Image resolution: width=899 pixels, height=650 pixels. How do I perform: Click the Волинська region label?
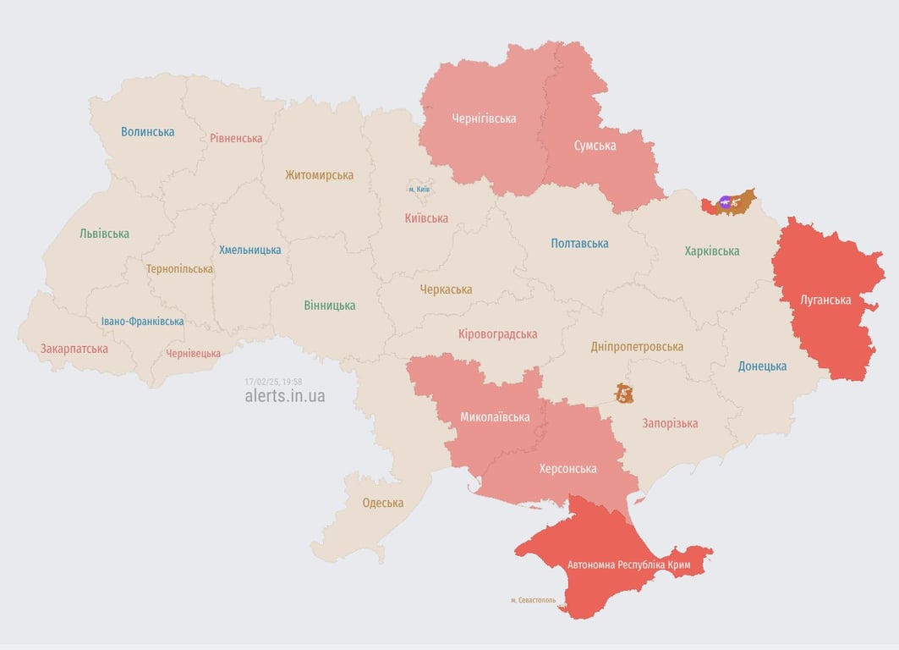point(147,131)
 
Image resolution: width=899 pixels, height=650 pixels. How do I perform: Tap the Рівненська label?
point(236,138)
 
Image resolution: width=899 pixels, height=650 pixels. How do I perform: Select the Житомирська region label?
point(319,175)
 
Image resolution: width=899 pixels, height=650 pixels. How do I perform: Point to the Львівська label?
point(104,234)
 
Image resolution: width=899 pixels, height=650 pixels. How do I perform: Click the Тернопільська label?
point(179,269)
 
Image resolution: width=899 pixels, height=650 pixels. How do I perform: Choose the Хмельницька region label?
point(249,250)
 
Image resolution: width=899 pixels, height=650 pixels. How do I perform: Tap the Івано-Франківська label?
point(142,322)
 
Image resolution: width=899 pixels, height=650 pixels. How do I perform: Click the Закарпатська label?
point(74,349)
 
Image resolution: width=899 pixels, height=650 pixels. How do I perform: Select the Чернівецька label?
point(193,354)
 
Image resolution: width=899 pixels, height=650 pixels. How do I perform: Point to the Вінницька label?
point(330,306)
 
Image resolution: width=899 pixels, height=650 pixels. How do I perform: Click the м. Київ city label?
point(419,189)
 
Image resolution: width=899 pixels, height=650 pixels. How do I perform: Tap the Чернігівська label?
point(484,118)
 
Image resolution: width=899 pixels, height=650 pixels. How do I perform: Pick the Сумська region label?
point(595,146)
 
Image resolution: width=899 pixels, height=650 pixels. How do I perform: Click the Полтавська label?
point(579,244)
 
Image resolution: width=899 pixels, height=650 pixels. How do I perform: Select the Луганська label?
point(825,300)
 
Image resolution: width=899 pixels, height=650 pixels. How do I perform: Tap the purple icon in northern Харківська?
point(725,201)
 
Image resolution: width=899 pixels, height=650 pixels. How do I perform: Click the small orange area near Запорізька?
point(624,393)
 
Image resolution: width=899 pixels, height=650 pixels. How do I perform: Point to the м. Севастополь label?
point(533,600)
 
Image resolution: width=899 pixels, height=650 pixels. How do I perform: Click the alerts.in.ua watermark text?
point(284,396)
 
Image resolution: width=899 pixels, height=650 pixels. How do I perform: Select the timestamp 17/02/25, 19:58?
point(273,382)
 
